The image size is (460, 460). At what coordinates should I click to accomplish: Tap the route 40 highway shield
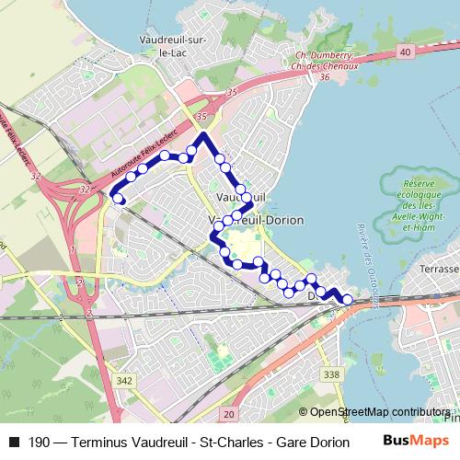pyautogui.click(x=406, y=53)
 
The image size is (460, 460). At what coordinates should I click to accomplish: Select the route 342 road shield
pyautogui.click(x=125, y=381)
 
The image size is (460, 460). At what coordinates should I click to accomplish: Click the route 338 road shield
pyautogui.click(x=332, y=374)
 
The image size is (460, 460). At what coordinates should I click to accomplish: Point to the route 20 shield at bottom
pyautogui.click(x=229, y=415)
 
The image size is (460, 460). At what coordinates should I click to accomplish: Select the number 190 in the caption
pyautogui.click(x=40, y=442)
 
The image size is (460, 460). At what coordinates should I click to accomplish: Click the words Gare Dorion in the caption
pyautogui.click(x=311, y=442)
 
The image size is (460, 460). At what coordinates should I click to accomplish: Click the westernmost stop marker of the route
pyautogui.click(x=118, y=197)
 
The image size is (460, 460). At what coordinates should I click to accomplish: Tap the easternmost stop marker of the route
pyautogui.click(x=347, y=299)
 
